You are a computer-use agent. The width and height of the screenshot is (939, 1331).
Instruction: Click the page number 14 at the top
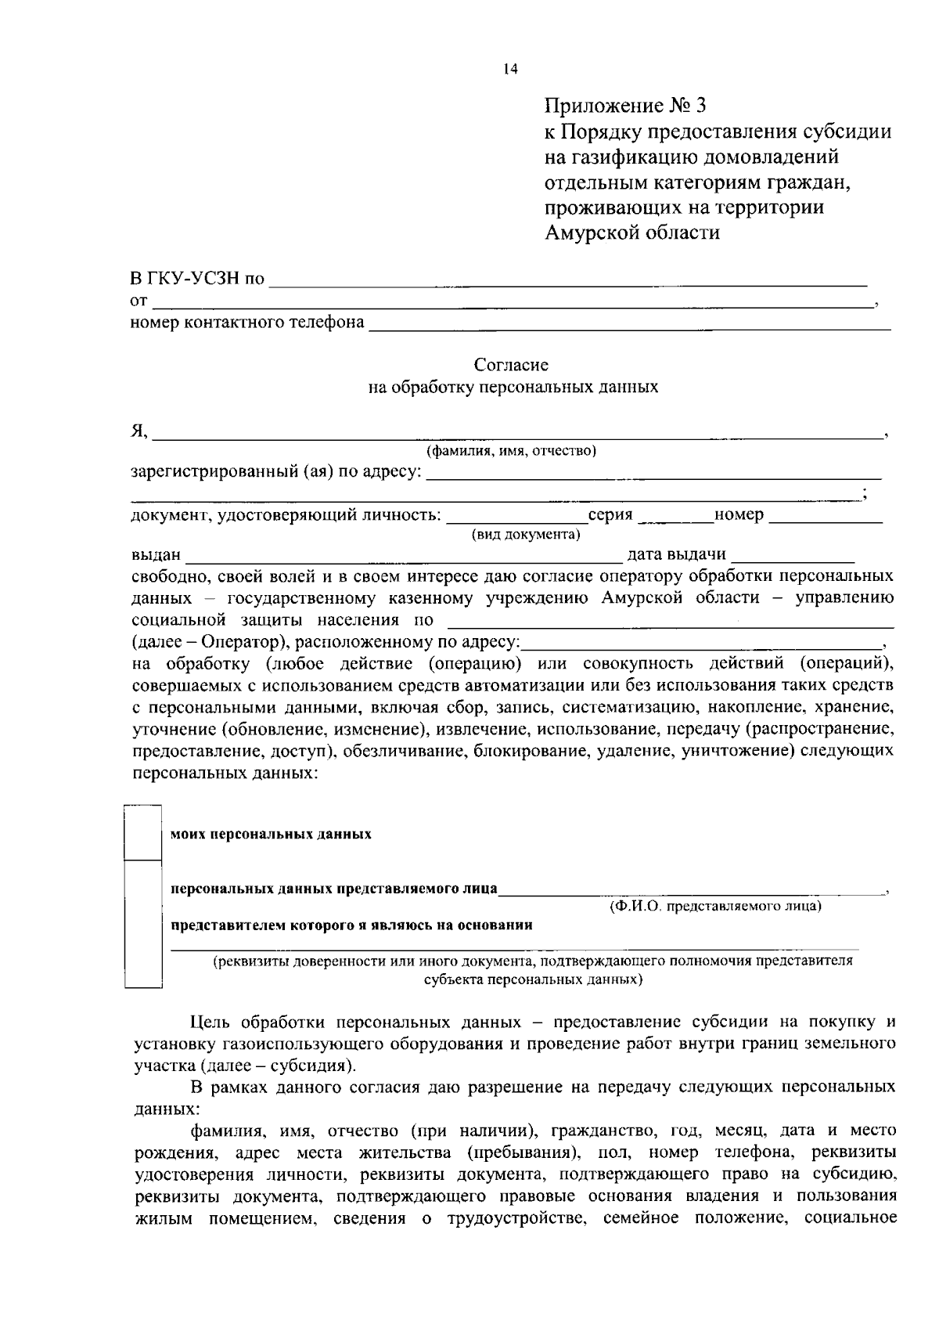tap(510, 69)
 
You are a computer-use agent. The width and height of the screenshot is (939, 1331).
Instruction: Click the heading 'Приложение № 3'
tap(625, 105)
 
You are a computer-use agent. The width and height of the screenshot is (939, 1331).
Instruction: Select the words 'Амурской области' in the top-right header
tap(632, 233)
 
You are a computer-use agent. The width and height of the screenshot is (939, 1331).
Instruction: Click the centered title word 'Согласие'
tap(512, 365)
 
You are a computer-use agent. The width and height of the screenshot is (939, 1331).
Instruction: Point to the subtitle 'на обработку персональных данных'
tap(513, 387)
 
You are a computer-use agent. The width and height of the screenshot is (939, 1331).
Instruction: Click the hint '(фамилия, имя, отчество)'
tap(512, 451)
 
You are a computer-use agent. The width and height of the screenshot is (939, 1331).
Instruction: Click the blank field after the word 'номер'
tap(826, 516)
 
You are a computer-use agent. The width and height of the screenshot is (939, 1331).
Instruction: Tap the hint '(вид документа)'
tap(525, 535)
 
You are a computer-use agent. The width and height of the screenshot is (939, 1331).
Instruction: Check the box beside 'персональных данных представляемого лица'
tap(143, 924)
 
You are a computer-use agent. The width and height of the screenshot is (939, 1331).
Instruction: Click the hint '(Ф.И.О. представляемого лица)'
tap(715, 907)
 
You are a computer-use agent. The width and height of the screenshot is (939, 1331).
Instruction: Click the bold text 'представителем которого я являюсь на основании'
tap(352, 925)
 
